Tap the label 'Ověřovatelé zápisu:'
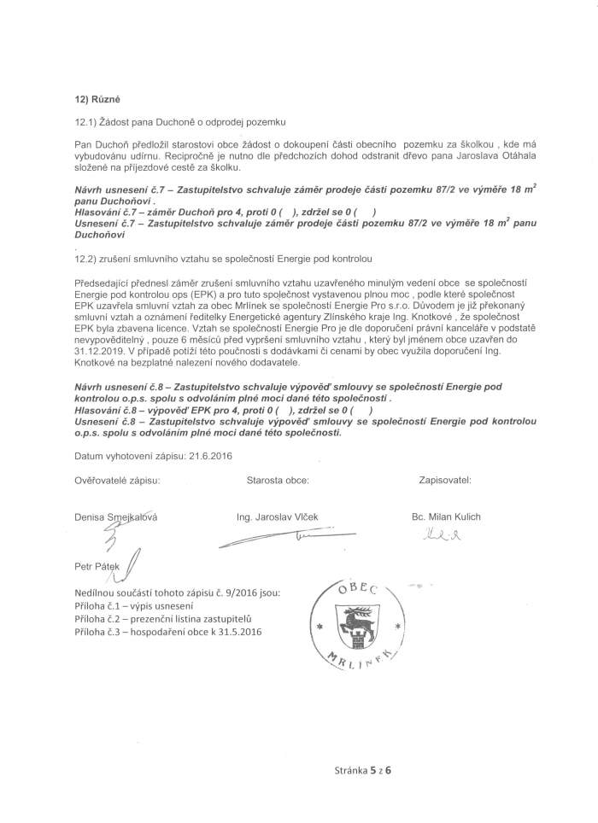pyautogui.click(x=117, y=481)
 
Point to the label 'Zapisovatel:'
pyautogui.click(x=445, y=481)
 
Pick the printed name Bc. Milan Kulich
pyautogui.click(x=446, y=517)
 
